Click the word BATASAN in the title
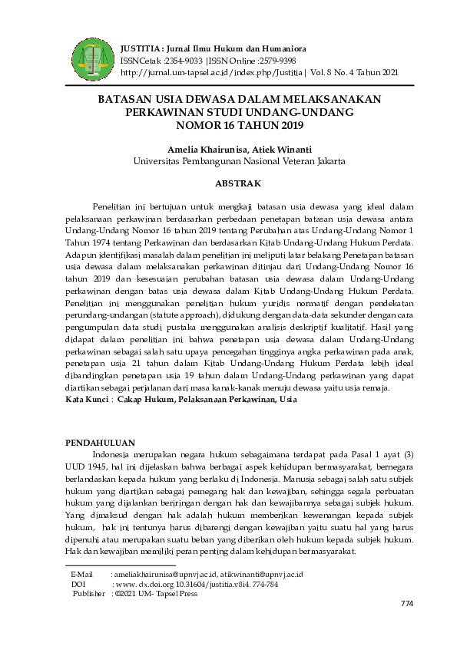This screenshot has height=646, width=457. [126, 100]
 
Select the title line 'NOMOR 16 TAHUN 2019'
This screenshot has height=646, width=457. [240, 124]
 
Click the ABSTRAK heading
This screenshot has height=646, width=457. [238, 183]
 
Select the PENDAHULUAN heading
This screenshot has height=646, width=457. [101, 443]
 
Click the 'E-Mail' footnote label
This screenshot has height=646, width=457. [82, 574]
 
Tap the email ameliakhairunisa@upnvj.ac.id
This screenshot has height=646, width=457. [164, 574]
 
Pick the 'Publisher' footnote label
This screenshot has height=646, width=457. [88, 593]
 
